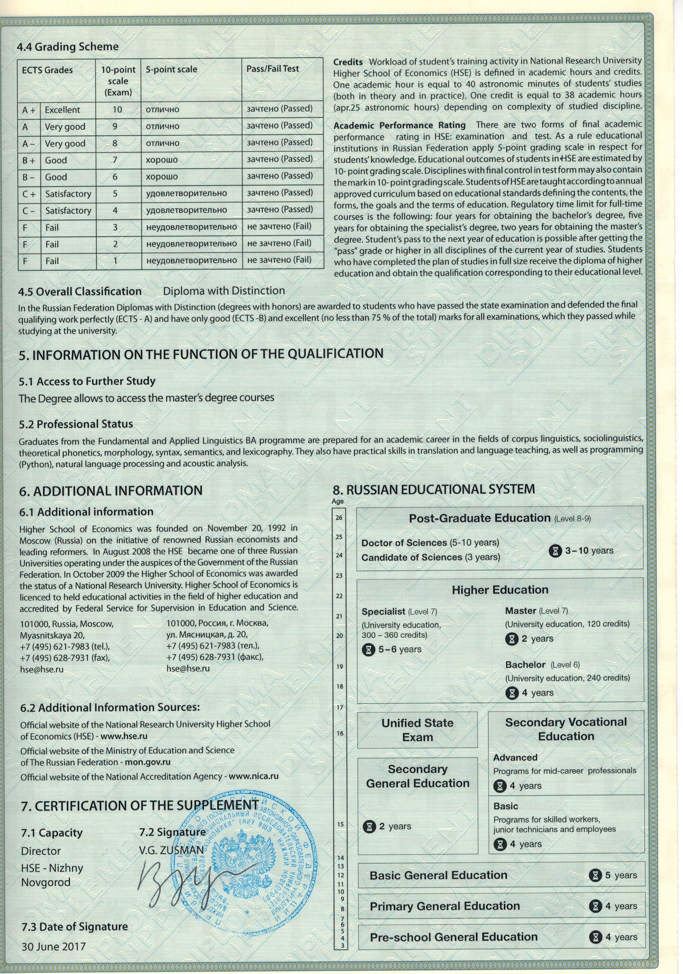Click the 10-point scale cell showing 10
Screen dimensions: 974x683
point(117,109)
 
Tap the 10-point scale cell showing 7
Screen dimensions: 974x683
point(115,160)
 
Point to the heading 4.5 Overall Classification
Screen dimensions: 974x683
point(80,291)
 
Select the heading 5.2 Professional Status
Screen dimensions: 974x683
point(76,424)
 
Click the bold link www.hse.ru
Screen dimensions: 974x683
point(124,736)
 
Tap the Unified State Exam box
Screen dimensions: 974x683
point(417,730)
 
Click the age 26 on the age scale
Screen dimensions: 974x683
point(339,518)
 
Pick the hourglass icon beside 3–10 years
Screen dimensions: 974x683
point(555,551)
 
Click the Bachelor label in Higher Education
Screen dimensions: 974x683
point(525,665)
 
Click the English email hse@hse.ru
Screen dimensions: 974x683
point(42,669)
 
